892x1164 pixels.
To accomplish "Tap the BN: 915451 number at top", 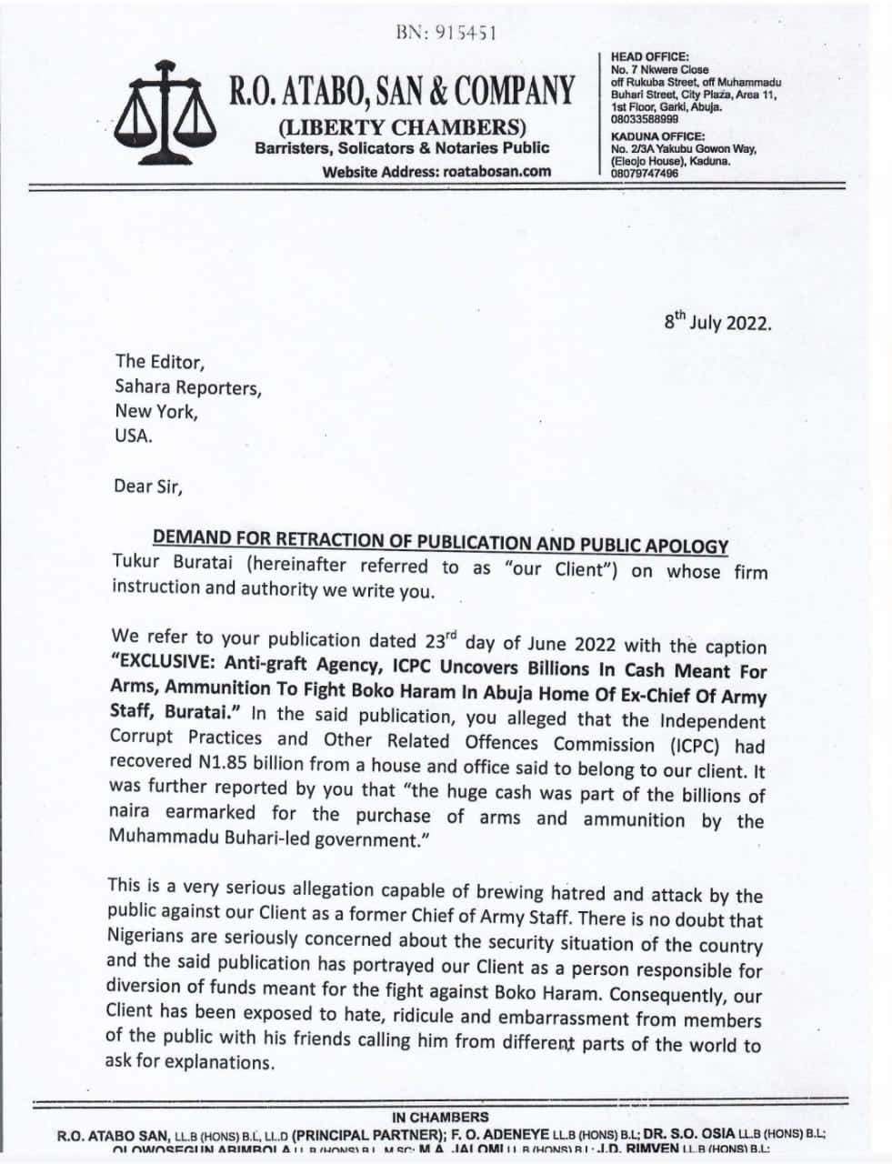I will pyautogui.click(x=446, y=33).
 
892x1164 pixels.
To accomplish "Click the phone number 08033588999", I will pyautogui.click(x=645, y=119).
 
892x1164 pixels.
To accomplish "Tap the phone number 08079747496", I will pyautogui.click(x=645, y=173).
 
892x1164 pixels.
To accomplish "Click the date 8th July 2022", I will pyautogui.click(x=717, y=322).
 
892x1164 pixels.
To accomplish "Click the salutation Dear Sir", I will pyautogui.click(x=147, y=486).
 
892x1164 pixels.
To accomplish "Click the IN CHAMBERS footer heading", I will pyautogui.click(x=440, y=1117).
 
